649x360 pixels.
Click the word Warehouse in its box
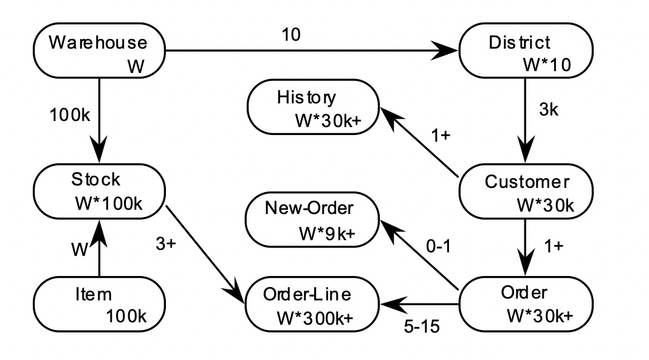coord(98,43)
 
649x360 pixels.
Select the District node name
coord(519,43)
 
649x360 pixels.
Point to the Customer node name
coord(526,182)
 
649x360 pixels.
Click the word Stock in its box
coord(96,179)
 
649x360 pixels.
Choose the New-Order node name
coord(309,209)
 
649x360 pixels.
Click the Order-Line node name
coord(307,294)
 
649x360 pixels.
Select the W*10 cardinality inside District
coord(546,66)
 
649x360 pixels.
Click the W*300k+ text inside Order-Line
coord(315,318)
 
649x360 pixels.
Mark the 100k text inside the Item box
coord(126,317)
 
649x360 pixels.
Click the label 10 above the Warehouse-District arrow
coord(290,35)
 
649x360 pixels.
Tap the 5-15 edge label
coord(421,326)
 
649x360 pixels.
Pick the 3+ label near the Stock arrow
coord(166,244)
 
